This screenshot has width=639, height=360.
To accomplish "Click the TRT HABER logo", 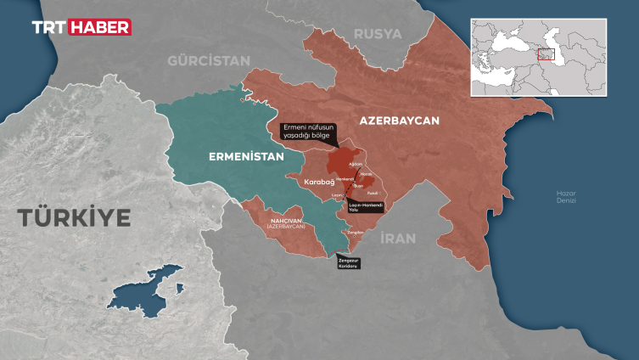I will point(81,27).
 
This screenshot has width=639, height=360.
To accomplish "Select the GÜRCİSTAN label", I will point(209,61).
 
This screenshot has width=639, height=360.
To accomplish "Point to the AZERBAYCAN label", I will point(399,121).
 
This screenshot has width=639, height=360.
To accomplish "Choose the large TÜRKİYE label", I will point(75,218).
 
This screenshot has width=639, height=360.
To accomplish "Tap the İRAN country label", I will point(398,239).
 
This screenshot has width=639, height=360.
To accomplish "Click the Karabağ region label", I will point(319,182).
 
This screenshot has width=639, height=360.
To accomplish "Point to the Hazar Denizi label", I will point(567,197).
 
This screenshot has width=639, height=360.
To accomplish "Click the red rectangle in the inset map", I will point(545,53).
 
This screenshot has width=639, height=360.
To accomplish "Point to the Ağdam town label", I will point(357,164).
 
